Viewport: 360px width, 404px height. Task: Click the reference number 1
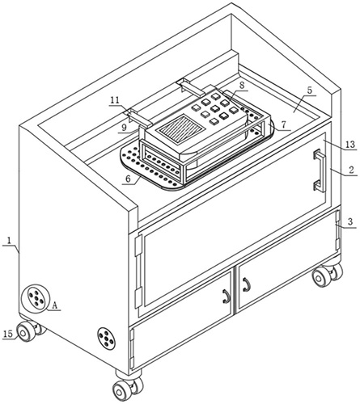click(9, 241)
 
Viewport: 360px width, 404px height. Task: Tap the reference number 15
click(8, 334)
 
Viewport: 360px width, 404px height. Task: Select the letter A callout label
click(55, 305)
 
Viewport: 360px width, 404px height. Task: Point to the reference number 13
click(350, 145)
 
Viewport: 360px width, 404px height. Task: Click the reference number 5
click(309, 90)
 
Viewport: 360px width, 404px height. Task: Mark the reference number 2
click(351, 170)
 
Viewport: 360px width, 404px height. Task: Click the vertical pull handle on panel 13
click(320, 170)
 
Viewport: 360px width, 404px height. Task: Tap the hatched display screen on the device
click(180, 128)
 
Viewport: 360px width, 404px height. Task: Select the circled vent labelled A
click(36, 298)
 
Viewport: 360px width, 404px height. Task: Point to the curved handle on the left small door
click(227, 296)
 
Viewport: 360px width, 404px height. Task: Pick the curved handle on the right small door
click(247, 285)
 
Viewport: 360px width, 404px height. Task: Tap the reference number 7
click(283, 124)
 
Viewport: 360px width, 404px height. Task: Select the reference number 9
click(124, 128)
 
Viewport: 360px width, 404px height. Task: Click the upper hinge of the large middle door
click(138, 246)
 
